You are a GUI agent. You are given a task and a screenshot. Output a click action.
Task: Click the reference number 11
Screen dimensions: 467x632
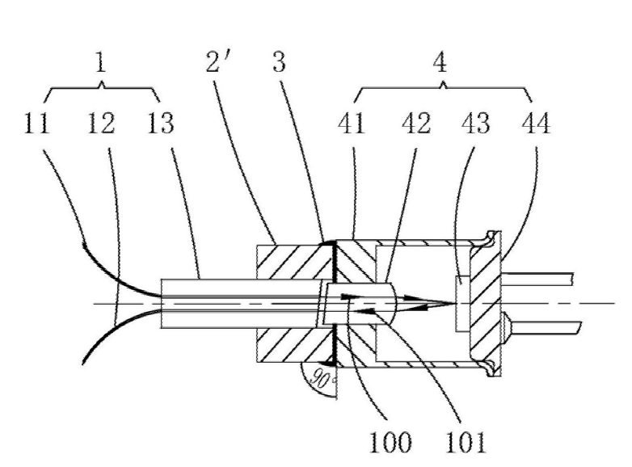(37, 125)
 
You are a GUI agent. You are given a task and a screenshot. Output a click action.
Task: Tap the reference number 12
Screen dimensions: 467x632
(100, 125)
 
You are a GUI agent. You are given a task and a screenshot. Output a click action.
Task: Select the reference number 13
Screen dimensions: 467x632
(162, 125)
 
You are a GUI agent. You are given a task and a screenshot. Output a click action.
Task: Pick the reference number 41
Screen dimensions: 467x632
(352, 125)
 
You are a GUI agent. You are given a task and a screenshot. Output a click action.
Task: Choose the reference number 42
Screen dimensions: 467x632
(413, 125)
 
